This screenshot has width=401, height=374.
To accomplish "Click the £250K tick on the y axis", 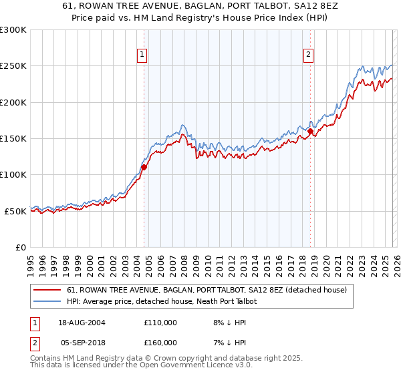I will click(13, 66).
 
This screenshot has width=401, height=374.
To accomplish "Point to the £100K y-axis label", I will click(13, 175).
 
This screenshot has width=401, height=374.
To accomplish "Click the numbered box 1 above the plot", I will click(143, 55).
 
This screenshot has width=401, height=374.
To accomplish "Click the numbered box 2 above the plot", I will click(308, 55).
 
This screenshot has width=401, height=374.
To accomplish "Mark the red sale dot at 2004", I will click(144, 168).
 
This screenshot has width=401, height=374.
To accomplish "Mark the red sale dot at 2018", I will click(310, 132).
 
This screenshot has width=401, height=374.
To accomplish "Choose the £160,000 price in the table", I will click(160, 343).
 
